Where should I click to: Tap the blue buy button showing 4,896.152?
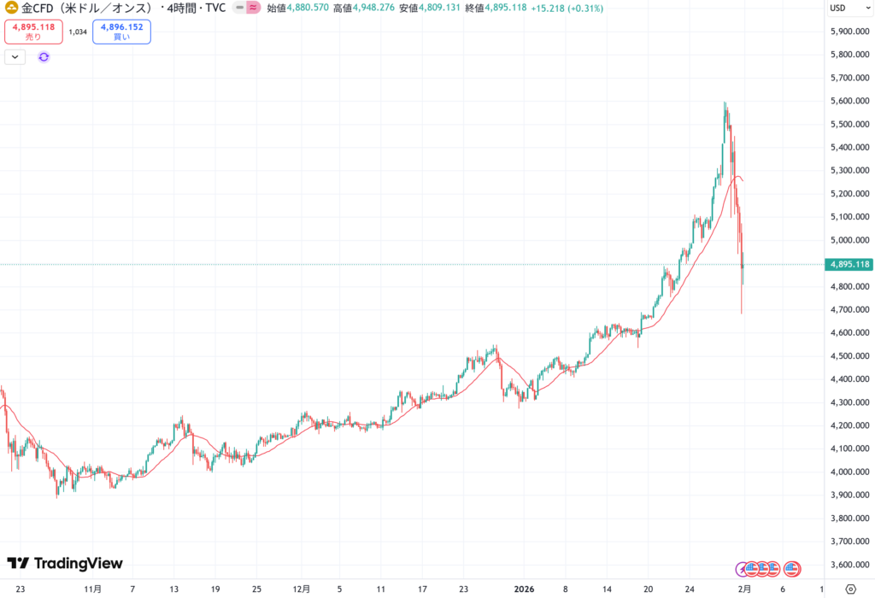point(121,32)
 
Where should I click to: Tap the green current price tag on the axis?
point(849,265)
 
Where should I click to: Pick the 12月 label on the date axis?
point(301,589)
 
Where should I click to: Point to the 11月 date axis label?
point(94,589)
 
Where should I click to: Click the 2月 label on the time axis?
point(745,589)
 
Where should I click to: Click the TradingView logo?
point(65,564)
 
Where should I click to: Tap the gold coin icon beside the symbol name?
point(12,9)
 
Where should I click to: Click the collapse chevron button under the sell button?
point(16,56)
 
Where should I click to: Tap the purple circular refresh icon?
point(44,56)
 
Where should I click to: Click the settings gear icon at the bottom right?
point(850,589)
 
